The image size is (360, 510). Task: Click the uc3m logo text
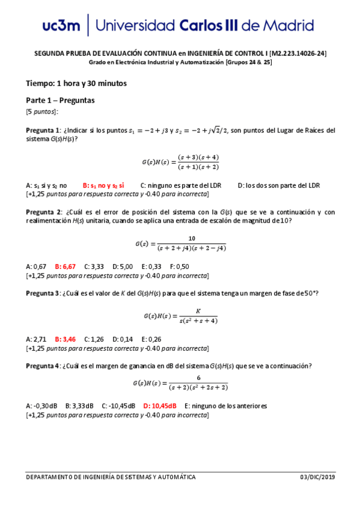62,26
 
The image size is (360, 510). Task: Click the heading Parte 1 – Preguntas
60,100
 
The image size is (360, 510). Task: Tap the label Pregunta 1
42,131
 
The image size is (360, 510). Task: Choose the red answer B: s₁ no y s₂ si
103,186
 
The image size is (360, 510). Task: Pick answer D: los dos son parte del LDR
279,186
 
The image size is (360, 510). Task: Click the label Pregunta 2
42,212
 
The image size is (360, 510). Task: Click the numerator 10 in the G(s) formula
191,238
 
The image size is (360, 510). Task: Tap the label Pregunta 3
42,293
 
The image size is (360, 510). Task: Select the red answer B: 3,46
65,339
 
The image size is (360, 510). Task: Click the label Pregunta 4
42,366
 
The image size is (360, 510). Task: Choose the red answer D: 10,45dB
160,406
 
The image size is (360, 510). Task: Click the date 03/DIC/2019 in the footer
317,478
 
